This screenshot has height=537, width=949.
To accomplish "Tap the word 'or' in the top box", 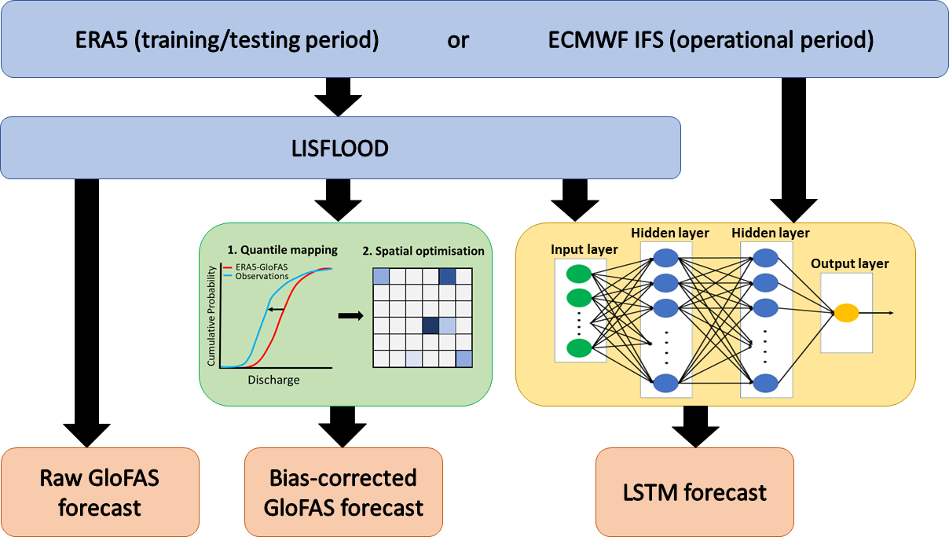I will click(457, 41).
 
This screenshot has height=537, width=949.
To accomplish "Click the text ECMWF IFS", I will click(605, 41).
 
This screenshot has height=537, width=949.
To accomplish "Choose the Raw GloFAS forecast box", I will click(99, 492).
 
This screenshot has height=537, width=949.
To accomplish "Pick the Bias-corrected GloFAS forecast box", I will click(343, 492).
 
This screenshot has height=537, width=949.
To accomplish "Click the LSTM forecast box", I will click(694, 492).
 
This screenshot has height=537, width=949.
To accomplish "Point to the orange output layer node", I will click(846, 313).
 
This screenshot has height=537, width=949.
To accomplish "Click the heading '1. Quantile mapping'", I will click(282, 250).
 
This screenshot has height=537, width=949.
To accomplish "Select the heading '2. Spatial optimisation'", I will click(423, 252).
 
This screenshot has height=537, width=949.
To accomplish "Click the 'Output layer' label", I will click(850, 263).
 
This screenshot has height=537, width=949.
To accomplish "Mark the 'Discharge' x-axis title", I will click(273, 380).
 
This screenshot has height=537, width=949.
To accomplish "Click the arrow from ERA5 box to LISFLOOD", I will click(338, 96).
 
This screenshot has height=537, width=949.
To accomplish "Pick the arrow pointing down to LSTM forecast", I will click(694, 425).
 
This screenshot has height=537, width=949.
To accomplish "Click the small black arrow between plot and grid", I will click(350, 316).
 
